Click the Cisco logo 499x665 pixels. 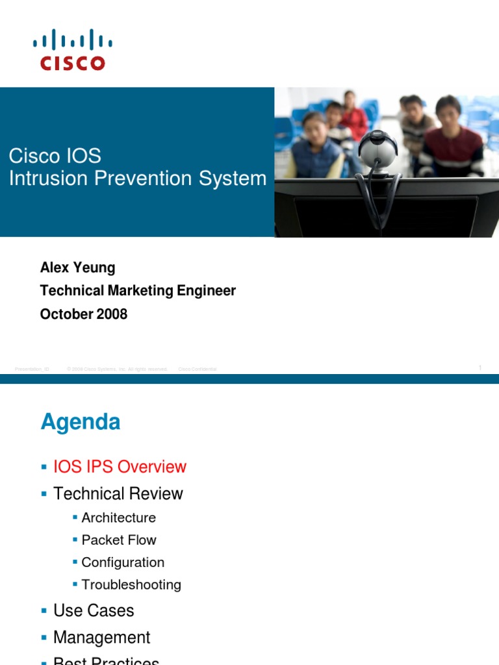pyautogui.click(x=72, y=49)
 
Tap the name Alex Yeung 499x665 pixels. pyautogui.click(x=78, y=268)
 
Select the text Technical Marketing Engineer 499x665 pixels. pyautogui.click(x=138, y=291)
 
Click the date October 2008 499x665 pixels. pyautogui.click(x=84, y=314)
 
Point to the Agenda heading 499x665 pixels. pyautogui.click(x=81, y=422)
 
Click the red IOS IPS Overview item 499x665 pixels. pyautogui.click(x=120, y=467)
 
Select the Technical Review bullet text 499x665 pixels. pyautogui.click(x=118, y=494)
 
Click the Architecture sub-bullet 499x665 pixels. pyautogui.click(x=118, y=518)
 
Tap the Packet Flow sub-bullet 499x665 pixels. pyautogui.click(x=119, y=540)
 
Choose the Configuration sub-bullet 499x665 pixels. pyautogui.click(x=123, y=562)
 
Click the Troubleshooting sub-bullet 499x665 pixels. pyautogui.click(x=131, y=584)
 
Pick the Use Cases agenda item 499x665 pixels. pyautogui.click(x=94, y=610)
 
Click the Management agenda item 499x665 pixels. pyautogui.click(x=101, y=637)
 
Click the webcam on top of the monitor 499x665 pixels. pyautogui.click(x=377, y=149)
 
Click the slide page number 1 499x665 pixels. pyautogui.click(x=480, y=368)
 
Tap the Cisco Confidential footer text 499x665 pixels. pyautogui.click(x=198, y=369)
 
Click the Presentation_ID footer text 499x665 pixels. pyautogui.click(x=32, y=369)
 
